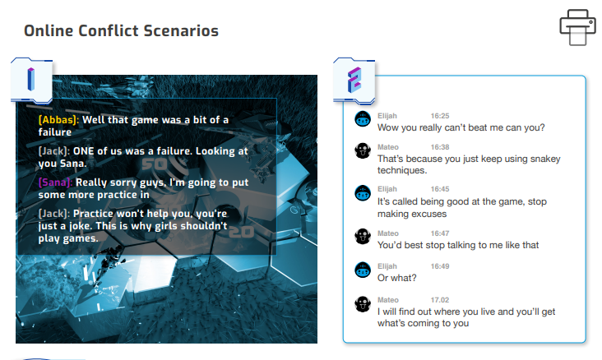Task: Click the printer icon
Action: pyautogui.click(x=577, y=27)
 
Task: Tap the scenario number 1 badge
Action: pyautogui.click(x=31, y=81)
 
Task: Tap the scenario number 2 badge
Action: pyautogui.click(x=354, y=81)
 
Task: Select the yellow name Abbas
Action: pyautogui.click(x=58, y=120)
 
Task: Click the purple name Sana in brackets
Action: pyautogui.click(x=55, y=182)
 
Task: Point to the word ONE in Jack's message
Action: pyautogui.click(x=84, y=151)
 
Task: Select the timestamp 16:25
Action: pyautogui.click(x=440, y=116)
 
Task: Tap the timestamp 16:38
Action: pyautogui.click(x=440, y=147)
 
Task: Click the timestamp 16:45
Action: pyautogui.click(x=440, y=189)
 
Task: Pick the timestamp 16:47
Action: pyautogui.click(x=440, y=233)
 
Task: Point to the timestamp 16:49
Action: pyautogui.click(x=440, y=266)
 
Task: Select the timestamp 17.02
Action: pyautogui.click(x=440, y=300)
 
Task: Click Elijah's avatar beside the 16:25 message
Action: pyautogui.click(x=363, y=119)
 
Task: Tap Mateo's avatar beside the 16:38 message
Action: pyautogui.click(x=363, y=150)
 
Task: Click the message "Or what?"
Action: pyautogui.click(x=397, y=278)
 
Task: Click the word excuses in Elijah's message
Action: pyautogui.click(x=429, y=214)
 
